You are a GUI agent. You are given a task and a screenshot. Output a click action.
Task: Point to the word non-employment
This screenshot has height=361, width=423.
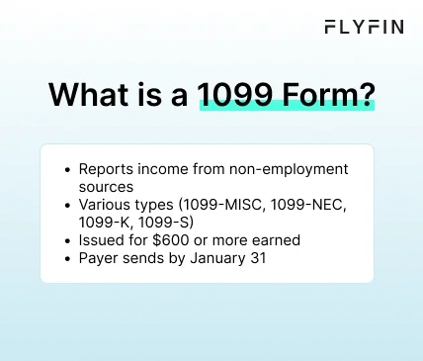(293, 169)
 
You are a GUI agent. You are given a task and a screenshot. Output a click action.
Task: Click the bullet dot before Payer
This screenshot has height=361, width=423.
(67, 259)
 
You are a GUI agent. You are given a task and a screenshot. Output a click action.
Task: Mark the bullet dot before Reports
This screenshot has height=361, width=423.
(67, 169)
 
